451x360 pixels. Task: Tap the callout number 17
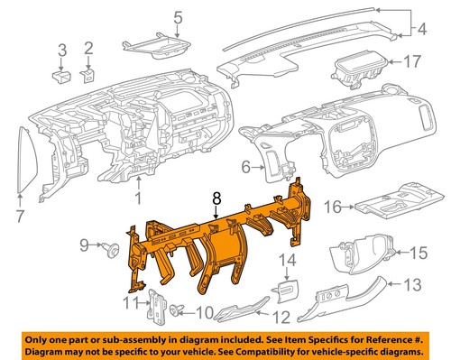pos(411,63)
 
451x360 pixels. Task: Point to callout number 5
pos(177,17)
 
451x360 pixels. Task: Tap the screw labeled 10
pos(177,311)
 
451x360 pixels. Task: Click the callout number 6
pos(245,167)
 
